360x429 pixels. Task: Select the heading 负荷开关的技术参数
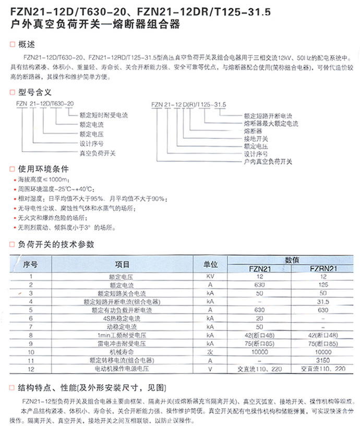pyautogui.click(x=56, y=244)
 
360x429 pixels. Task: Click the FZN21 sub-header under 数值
pyautogui.click(x=260, y=269)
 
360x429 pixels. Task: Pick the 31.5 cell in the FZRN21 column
pyautogui.click(x=324, y=301)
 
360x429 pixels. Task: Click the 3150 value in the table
pyautogui.click(x=324, y=360)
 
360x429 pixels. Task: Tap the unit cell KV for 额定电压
pyautogui.click(x=210, y=276)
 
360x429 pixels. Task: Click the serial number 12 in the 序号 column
pyautogui.click(x=31, y=368)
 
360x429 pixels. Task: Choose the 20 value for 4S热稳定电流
pyautogui.click(x=260, y=318)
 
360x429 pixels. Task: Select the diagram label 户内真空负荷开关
pyautogui.click(x=268, y=162)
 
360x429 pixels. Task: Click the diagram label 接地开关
pyautogui.click(x=256, y=139)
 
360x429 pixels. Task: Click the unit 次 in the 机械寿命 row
pyautogui.click(x=210, y=352)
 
